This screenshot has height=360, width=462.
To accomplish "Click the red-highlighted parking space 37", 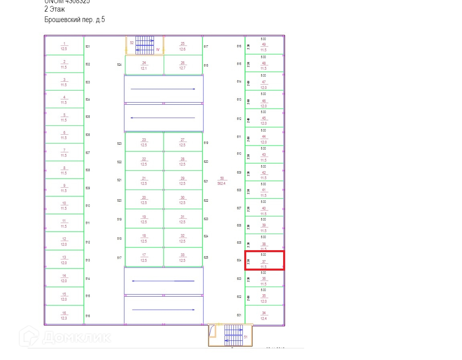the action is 264,261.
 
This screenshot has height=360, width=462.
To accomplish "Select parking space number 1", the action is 64,46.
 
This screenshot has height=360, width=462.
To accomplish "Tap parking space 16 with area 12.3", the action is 64,316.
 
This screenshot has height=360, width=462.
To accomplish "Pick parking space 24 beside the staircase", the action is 144,65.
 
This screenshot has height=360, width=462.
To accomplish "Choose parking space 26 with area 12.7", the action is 182,65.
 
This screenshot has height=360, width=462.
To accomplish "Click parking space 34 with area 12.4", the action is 263,316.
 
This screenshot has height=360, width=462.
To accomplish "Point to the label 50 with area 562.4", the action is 221,181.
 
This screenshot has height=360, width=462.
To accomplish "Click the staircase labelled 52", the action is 145,45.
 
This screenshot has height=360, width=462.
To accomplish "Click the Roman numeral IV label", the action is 158,50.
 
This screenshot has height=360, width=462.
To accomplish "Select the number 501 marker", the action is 88,47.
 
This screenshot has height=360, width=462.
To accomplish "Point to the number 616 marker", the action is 239,47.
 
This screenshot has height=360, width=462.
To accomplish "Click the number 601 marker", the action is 239,315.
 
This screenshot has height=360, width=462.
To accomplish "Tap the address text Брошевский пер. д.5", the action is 75,20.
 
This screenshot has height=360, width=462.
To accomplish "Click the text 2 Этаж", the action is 55,9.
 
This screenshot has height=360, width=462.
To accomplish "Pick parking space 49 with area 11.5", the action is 263,45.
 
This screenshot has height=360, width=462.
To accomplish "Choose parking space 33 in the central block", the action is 182,258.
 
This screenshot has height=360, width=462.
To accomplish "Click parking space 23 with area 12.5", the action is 144,142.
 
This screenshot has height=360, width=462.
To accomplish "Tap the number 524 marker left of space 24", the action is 119,65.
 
